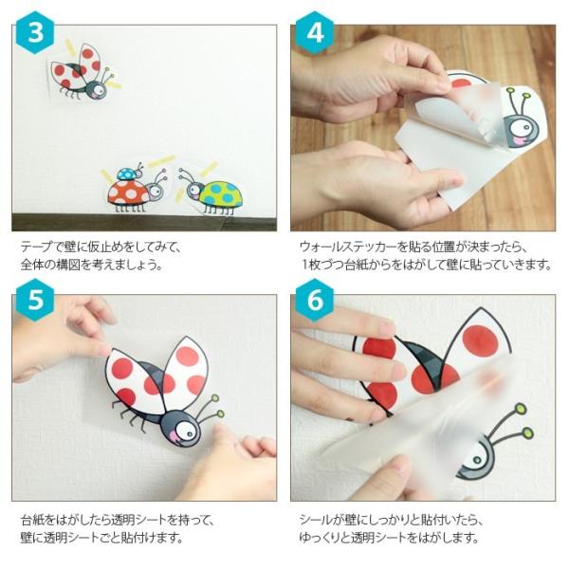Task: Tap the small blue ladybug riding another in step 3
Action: (x=128, y=174)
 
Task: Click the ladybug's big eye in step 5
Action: (x=185, y=430)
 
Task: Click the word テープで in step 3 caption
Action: (x=40, y=247)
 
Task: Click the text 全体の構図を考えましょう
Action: (x=91, y=265)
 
